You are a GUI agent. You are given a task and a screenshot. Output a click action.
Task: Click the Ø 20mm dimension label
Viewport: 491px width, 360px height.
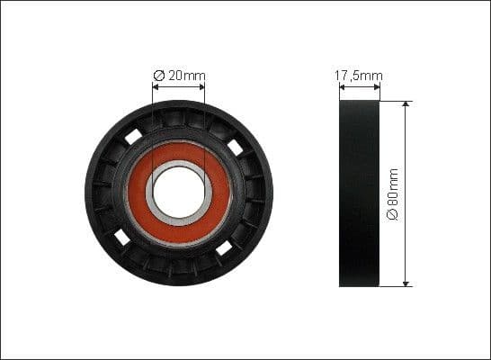179,76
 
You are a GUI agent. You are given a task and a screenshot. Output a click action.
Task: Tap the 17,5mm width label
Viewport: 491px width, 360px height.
359,76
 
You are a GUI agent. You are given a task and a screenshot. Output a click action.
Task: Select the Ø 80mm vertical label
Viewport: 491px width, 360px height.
392,193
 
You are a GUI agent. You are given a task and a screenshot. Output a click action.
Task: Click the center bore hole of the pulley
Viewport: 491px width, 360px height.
179,193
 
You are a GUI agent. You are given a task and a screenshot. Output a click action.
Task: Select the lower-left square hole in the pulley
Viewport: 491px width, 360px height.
122,238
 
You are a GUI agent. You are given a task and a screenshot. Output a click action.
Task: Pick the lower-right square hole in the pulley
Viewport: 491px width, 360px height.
224,245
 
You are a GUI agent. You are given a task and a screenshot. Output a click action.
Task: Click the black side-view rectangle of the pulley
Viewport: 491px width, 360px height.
359,193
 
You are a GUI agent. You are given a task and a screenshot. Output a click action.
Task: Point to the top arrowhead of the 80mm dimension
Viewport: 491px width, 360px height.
406,105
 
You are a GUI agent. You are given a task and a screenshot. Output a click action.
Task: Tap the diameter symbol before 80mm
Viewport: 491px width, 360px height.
392,216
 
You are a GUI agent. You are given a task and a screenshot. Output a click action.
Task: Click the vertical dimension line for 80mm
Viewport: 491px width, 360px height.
406,162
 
